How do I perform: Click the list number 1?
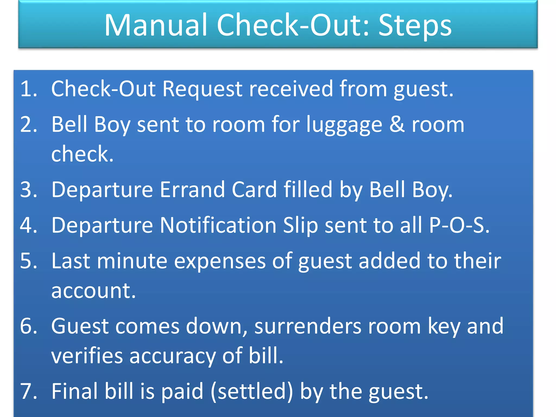[x=28, y=89]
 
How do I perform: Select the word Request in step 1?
[x=202, y=89]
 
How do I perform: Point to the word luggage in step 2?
[x=344, y=125]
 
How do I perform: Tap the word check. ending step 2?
[x=82, y=154]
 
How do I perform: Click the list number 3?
[x=28, y=189]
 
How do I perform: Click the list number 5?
[x=28, y=261]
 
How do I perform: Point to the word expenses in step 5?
[x=220, y=261]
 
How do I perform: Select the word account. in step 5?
[x=93, y=291]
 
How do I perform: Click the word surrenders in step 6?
[x=308, y=326]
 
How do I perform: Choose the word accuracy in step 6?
[x=172, y=356]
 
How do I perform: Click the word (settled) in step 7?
[x=252, y=391]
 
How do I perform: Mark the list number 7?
[x=28, y=391]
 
